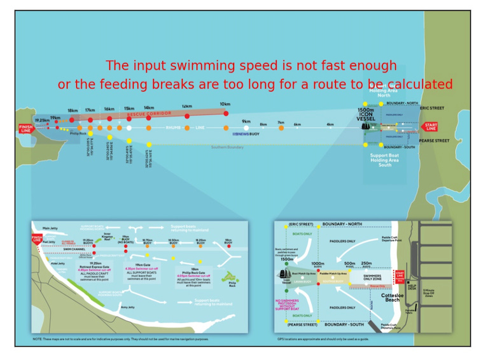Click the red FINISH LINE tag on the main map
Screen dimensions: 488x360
(25, 128)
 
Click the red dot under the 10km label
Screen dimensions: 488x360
(225, 113)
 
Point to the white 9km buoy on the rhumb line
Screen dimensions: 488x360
(246, 128)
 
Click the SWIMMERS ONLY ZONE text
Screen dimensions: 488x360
(372, 260)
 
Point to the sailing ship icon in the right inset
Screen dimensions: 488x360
(284, 274)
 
